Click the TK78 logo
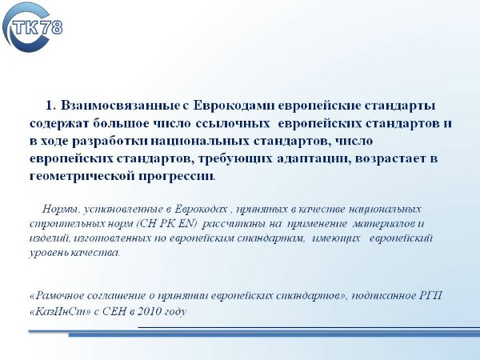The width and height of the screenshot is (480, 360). click(x=32, y=27)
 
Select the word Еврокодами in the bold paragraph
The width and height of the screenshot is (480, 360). click(x=234, y=106)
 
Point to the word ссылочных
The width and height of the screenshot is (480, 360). click(x=232, y=124)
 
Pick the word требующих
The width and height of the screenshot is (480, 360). click(x=235, y=159)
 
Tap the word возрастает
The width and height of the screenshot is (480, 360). click(x=389, y=159)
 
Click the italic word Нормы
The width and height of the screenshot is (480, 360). click(x=62, y=209)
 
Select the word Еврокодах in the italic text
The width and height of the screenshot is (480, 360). click(x=201, y=209)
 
